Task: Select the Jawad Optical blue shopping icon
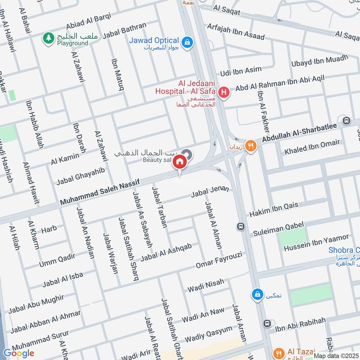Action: (x=188, y=43)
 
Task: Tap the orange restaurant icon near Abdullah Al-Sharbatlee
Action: (x=251, y=145)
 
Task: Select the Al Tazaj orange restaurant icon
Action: (x=279, y=352)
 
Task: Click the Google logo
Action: (x=19, y=353)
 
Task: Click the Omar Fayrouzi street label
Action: (x=219, y=261)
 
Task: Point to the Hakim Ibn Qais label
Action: (x=274, y=209)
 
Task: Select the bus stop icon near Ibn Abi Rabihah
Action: (x=268, y=324)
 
